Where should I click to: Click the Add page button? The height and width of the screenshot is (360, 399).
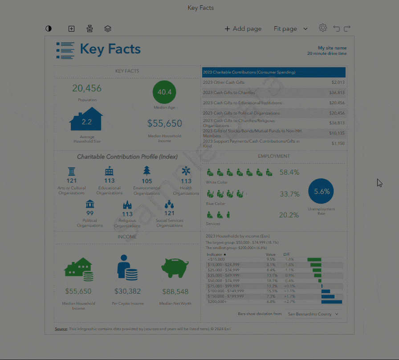pyautogui.click(x=243, y=29)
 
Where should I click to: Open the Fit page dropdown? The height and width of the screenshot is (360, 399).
pyautogui.click(x=291, y=29)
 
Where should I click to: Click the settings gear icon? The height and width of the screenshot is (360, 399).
pyautogui.click(x=323, y=28)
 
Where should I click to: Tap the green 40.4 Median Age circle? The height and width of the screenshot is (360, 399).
pyautogui.click(x=164, y=92)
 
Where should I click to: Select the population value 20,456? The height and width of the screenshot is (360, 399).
pyautogui.click(x=87, y=88)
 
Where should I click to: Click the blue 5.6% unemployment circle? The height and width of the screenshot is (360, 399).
pyautogui.click(x=321, y=192)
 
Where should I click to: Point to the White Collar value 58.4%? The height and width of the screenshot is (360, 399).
pyautogui.click(x=289, y=172)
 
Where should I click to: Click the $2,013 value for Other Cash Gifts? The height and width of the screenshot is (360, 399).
pyautogui.click(x=338, y=82)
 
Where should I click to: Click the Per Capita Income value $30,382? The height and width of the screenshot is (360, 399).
pyautogui.click(x=127, y=291)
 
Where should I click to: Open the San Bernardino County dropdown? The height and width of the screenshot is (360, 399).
pyautogui.click(x=312, y=314)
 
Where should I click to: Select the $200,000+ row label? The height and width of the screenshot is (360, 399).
pyautogui.click(x=217, y=302)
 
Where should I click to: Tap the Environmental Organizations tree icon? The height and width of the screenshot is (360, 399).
pyautogui.click(x=147, y=171)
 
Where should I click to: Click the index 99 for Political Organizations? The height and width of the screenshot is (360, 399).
pyautogui.click(x=90, y=213)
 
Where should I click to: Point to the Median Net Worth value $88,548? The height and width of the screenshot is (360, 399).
pyautogui.click(x=175, y=291)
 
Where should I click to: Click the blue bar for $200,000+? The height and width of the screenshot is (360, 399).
pyautogui.click(x=332, y=302)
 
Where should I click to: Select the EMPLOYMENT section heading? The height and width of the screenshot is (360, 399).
pyautogui.click(x=273, y=156)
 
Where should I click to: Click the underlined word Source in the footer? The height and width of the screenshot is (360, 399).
pyautogui.click(x=61, y=329)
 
